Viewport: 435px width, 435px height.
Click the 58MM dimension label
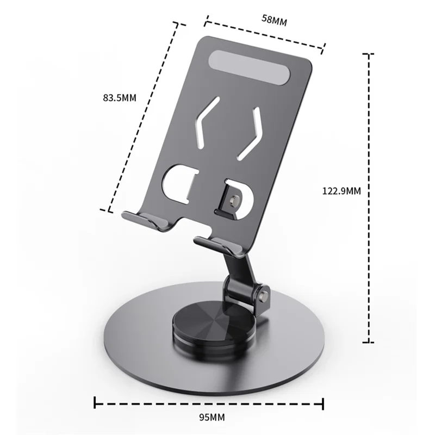pyautogui.click(x=274, y=20)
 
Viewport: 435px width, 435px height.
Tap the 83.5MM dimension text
pyautogui.click(x=119, y=98)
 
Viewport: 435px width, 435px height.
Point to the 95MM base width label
pyautogui.click(x=209, y=418)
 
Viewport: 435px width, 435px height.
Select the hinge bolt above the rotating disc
pyautogui.click(x=265, y=296)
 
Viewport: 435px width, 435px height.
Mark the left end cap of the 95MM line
pyautogui.click(x=96, y=403)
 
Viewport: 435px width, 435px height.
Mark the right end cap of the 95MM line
pyautogui.click(x=323, y=403)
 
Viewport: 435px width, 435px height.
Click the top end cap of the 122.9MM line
pyautogui.click(x=369, y=54)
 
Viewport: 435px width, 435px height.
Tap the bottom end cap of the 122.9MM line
pyautogui.click(x=369, y=342)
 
